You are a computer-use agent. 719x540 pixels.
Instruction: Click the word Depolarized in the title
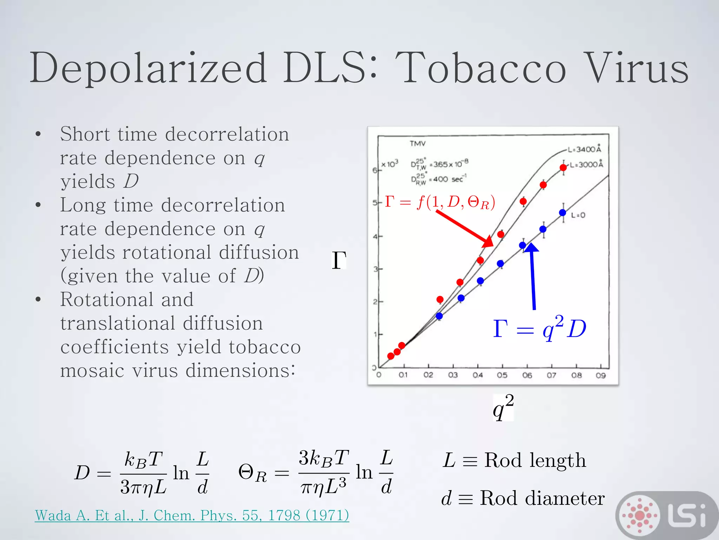point(147,68)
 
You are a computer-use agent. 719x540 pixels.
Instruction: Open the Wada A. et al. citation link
point(192,515)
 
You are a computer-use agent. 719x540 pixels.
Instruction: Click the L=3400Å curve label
point(584,149)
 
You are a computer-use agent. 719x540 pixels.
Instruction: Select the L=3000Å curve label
point(586,165)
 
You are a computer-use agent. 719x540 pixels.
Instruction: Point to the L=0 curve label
point(578,215)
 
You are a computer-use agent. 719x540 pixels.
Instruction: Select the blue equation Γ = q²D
point(539,329)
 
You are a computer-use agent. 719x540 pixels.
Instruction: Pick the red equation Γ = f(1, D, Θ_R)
point(440,202)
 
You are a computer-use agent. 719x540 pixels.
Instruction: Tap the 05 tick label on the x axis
point(502,375)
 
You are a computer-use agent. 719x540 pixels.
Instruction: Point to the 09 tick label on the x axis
point(601,375)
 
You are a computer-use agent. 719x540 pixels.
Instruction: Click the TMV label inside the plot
point(417,143)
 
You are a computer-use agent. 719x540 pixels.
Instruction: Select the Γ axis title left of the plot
point(339,260)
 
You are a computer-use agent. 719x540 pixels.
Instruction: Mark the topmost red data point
point(563,168)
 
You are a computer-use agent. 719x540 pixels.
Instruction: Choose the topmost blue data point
point(562,213)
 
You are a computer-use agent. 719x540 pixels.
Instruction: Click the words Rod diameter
point(542,498)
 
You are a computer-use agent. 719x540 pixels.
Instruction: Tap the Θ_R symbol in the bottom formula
point(252,473)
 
